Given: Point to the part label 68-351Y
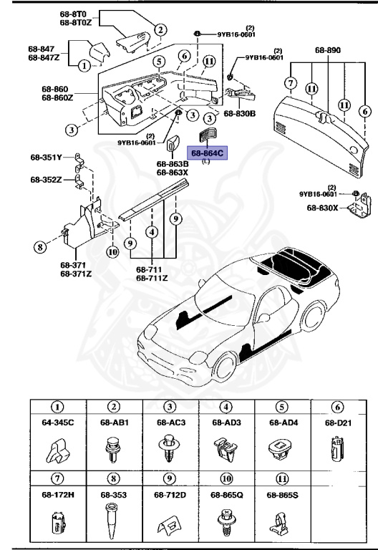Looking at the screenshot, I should [46, 157].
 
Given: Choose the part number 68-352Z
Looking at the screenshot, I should [46, 179].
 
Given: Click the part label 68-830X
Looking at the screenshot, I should [321, 208].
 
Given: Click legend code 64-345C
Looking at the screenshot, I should [57, 423].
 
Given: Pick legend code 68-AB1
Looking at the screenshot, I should [113, 423].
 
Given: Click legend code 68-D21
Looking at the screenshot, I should [338, 423].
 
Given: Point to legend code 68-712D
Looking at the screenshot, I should [170, 494].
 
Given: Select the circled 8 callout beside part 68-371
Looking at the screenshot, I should [39, 248].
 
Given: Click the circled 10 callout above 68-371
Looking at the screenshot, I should [112, 251].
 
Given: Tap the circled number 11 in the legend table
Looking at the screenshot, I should [282, 478].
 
